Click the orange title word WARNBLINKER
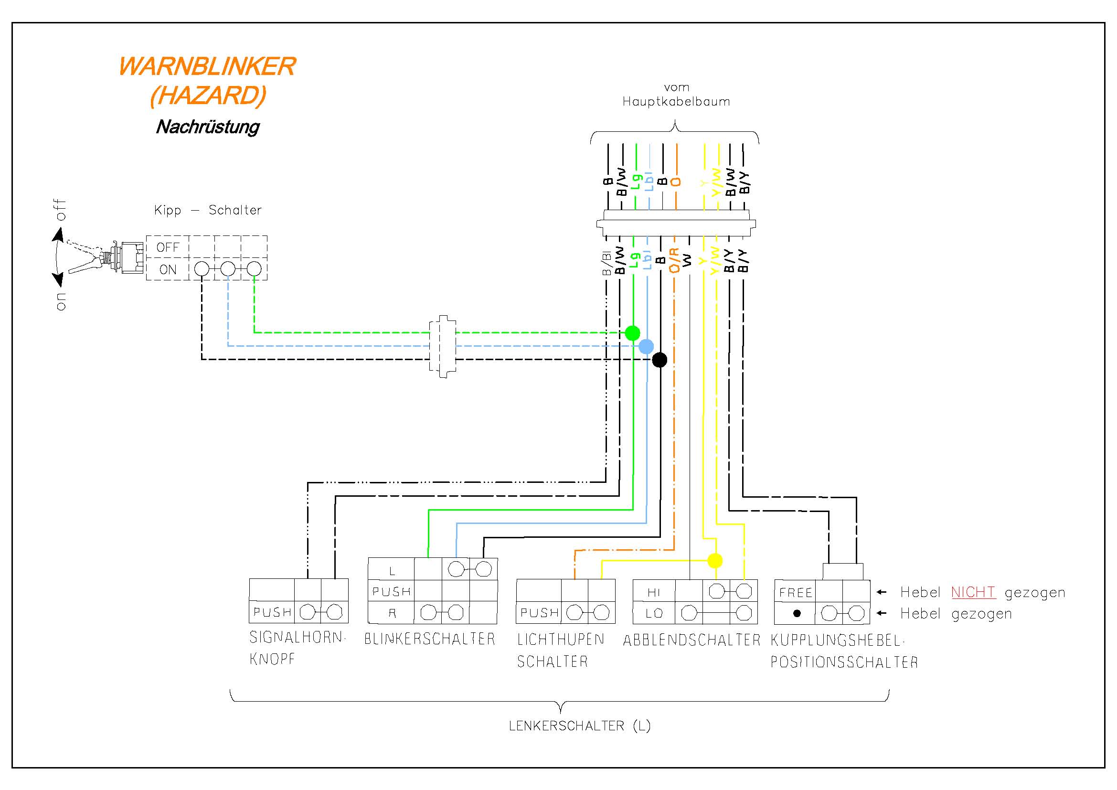207,67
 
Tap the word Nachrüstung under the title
208,127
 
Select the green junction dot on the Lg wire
632,333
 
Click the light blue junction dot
646,346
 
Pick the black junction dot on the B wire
659,360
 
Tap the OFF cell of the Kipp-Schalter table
168,247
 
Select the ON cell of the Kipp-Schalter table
168,269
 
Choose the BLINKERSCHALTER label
430,639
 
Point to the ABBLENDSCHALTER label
691,640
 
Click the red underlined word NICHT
973,592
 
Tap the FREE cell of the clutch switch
796,592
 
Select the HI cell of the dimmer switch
653,592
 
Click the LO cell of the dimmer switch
653,613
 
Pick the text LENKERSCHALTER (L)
579,726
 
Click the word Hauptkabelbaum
676,102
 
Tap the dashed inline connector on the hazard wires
442,346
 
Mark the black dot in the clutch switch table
797,613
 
